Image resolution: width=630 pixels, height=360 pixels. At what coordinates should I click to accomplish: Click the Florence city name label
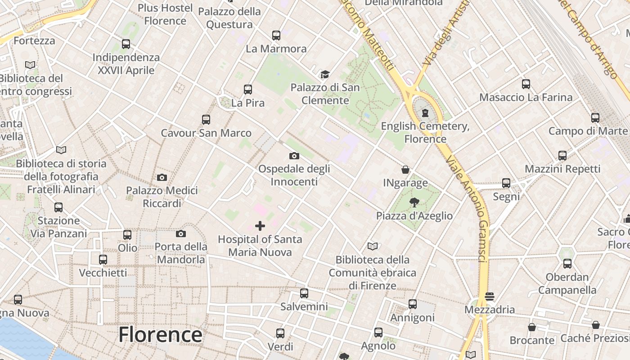pyautogui.click(x=160, y=335)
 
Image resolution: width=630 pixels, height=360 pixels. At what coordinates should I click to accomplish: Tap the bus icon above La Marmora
pyautogui.click(x=276, y=35)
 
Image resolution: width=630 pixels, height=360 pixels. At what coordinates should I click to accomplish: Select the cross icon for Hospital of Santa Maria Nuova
pyautogui.click(x=260, y=225)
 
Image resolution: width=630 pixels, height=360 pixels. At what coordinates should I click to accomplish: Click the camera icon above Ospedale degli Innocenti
pyautogui.click(x=294, y=156)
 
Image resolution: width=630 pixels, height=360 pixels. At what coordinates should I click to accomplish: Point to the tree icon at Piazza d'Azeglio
pyautogui.click(x=414, y=202)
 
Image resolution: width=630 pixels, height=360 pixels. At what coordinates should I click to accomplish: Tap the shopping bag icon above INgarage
pyautogui.click(x=405, y=170)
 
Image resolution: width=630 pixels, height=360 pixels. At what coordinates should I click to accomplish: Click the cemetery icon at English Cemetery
pyautogui.click(x=425, y=113)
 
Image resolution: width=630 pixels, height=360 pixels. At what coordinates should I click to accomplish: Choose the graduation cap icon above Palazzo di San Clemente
pyautogui.click(x=325, y=74)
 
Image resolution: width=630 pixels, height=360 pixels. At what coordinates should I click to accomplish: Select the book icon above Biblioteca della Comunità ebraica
pyautogui.click(x=373, y=246)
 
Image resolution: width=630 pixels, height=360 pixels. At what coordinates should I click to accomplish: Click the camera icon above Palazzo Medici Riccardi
pyautogui.click(x=162, y=177)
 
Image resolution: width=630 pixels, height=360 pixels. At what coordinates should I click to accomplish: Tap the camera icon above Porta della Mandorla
pyautogui.click(x=181, y=234)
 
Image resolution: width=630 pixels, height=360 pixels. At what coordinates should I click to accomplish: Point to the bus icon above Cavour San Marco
pyautogui.click(x=206, y=120)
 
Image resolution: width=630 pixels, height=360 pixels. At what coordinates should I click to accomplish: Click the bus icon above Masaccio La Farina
pyautogui.click(x=526, y=84)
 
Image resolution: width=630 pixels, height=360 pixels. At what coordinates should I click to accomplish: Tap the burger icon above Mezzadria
pyautogui.click(x=490, y=297)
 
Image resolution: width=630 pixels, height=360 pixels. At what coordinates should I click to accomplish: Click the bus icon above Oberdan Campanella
pyautogui.click(x=567, y=264)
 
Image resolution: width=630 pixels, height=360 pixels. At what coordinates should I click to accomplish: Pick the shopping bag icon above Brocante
pyautogui.click(x=532, y=327)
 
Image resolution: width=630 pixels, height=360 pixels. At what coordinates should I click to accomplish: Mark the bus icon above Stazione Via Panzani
pyautogui.click(x=58, y=207)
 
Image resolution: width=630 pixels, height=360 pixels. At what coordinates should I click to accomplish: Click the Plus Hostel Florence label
pyautogui.click(x=165, y=14)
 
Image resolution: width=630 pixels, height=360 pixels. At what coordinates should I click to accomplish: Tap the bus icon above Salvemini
pyautogui.click(x=304, y=293)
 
